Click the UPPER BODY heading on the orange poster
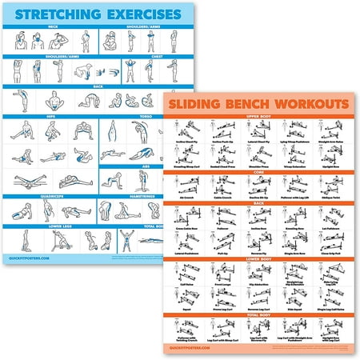point(260,120)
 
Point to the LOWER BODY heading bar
point(260,260)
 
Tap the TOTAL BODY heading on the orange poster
point(260,315)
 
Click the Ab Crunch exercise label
point(191,195)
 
